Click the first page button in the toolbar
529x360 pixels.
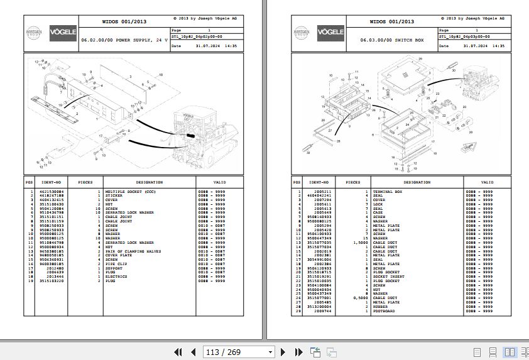[x=178, y=352]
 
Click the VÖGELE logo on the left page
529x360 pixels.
[x=63, y=31]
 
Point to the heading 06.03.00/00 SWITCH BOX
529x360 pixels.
[x=392, y=40]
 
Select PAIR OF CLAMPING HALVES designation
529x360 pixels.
[x=133, y=251]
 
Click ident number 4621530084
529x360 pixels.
[x=52, y=191]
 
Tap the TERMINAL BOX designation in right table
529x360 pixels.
[x=387, y=191]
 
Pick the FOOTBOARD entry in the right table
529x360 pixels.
[x=384, y=311]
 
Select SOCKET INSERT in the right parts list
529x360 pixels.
[x=388, y=276]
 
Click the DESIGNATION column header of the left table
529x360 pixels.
[x=148, y=182]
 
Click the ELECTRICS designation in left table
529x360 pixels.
[x=116, y=276]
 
